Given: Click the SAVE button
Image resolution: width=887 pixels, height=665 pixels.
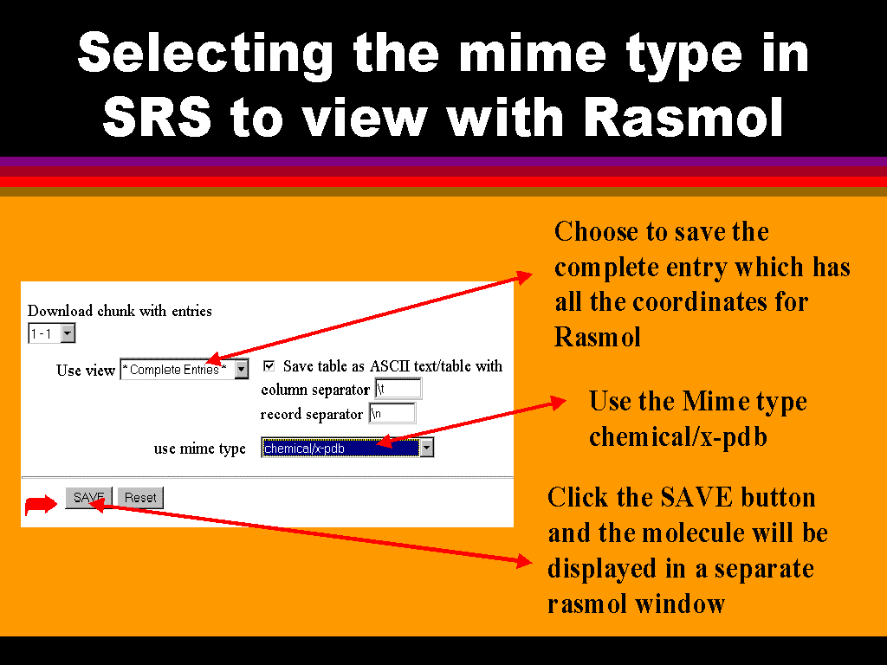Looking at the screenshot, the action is click(89, 498).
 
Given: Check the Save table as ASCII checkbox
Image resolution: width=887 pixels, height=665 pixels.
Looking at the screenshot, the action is click(269, 366).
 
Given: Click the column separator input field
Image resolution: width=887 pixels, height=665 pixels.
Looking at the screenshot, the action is click(398, 389).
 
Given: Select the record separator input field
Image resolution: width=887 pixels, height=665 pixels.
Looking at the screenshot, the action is click(392, 413).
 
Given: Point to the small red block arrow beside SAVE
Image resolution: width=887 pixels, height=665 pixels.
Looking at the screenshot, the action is click(41, 505).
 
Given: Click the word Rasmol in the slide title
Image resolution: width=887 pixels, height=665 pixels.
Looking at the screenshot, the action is click(683, 117).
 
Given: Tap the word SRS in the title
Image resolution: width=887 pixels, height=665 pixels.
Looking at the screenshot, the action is click(157, 117).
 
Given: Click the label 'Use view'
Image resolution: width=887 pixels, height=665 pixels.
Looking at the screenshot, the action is click(86, 371).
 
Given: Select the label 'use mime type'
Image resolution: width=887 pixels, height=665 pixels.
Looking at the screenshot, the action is click(200, 449).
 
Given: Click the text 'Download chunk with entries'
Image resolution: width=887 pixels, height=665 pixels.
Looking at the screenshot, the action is click(120, 311).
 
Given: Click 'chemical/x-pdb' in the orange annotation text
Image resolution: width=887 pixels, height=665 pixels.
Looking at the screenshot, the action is click(678, 437).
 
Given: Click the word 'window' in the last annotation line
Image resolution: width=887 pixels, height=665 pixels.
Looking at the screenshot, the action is click(680, 604).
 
